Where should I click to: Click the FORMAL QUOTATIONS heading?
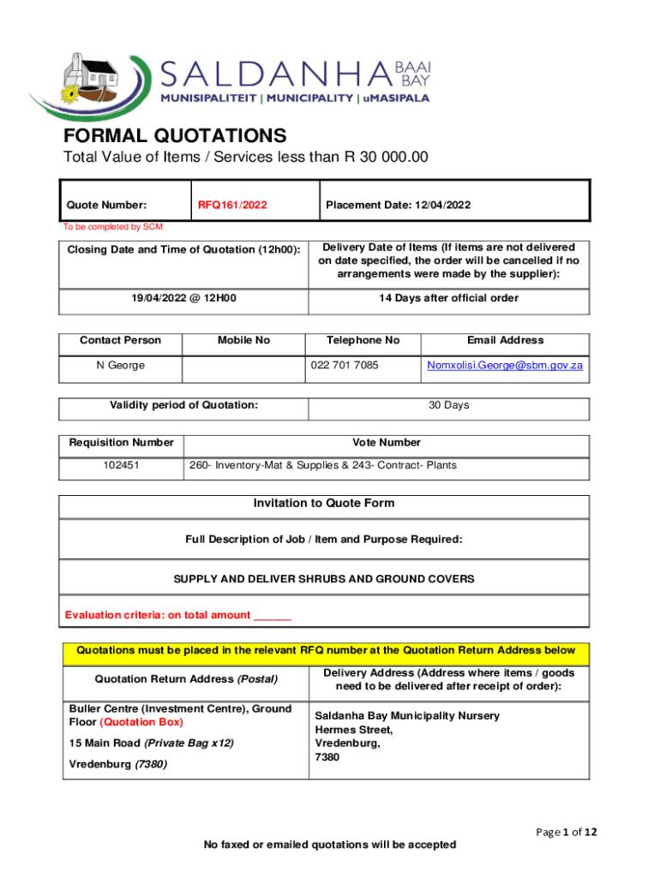[175, 135]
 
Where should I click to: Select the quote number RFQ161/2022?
[232, 205]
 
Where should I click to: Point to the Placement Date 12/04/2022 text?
[398, 205]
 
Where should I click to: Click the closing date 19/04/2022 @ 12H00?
[183, 298]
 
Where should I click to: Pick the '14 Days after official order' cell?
[449, 298]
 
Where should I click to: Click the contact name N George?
[120, 366]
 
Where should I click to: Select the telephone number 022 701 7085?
[344, 366]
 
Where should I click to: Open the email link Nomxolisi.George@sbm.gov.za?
[505, 366]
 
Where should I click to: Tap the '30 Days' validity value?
[449, 405]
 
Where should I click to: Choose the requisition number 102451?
[121, 465]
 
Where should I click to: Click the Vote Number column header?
[387, 443]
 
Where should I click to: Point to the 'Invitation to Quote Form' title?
[324, 504]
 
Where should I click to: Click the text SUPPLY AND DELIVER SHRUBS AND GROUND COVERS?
[324, 579]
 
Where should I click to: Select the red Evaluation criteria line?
[178, 615]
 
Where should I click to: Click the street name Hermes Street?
[353, 730]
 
